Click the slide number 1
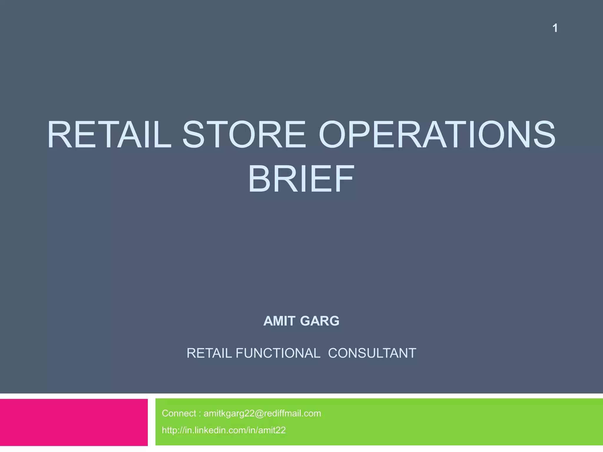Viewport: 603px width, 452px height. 555,28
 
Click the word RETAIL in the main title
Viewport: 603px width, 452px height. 109,135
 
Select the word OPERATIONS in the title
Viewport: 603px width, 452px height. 437,135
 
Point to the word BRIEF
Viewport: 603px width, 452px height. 301,179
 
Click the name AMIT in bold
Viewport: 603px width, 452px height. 279,321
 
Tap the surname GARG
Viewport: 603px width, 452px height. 320,321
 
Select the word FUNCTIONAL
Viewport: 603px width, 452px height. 278,353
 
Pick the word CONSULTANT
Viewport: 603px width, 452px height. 372,353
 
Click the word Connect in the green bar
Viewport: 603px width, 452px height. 179,413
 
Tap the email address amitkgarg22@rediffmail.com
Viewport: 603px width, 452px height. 262,413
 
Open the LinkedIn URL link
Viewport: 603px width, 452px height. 224,430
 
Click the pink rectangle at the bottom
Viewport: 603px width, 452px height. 74,422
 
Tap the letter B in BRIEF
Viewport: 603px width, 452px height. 259,179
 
